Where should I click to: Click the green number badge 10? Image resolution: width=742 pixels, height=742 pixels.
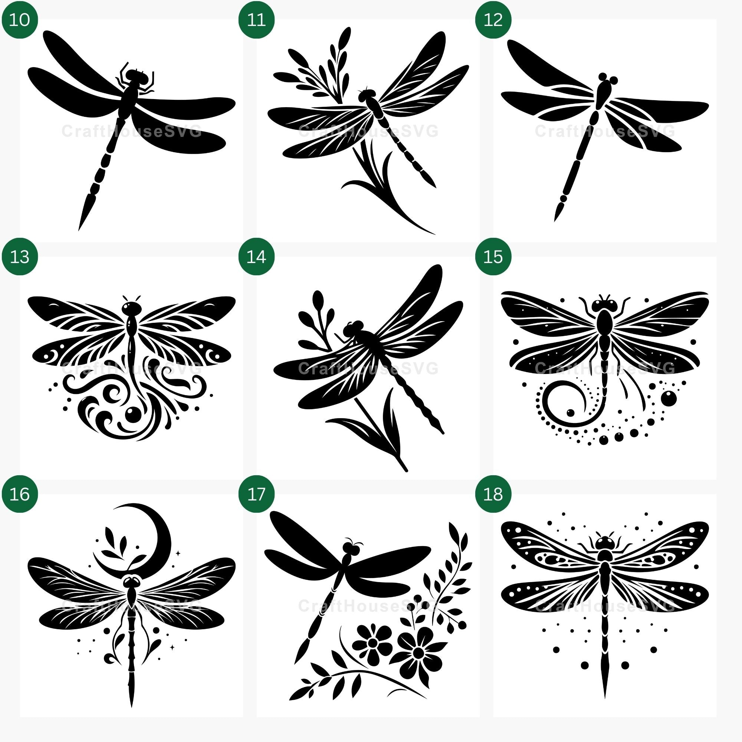coord(20,20)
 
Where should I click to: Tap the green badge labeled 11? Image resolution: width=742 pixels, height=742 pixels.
coord(257,20)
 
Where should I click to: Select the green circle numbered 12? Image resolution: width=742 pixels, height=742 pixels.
coord(493,20)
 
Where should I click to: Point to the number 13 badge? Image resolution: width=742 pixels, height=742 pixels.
coord(20,257)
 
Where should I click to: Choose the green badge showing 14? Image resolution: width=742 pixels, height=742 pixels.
coord(257,257)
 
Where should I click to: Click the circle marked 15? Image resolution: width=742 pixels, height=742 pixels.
coord(493,257)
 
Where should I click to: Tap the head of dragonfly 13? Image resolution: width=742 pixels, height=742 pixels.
coord(131,308)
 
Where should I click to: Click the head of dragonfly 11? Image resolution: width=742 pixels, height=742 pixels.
coord(367,96)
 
